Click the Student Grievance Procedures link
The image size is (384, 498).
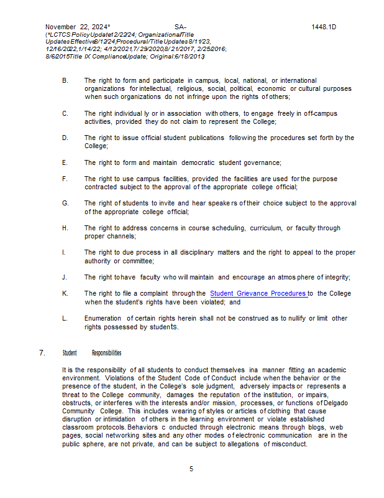point(258,293)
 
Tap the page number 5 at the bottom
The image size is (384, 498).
point(191,468)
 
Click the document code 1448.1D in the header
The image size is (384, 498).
point(324,27)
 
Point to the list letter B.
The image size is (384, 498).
point(65,81)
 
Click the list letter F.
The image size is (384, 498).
point(65,179)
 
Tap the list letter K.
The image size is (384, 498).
point(65,293)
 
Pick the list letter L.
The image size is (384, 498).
point(65,319)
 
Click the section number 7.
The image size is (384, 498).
point(42,353)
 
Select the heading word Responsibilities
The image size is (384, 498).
point(106,353)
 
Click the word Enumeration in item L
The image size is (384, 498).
point(103,319)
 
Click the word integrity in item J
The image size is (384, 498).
point(336,277)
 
